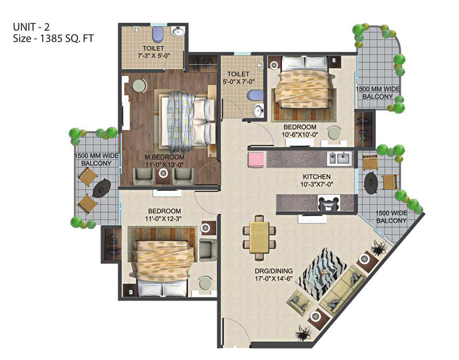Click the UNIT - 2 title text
31,27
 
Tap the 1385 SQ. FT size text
66,39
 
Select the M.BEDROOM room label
165,158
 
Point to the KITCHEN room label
317,177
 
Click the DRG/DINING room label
274,271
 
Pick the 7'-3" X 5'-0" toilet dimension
154,55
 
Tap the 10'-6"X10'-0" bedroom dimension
300,134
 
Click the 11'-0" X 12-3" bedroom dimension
164,218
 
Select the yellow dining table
260,238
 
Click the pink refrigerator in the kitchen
257,160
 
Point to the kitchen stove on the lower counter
329,203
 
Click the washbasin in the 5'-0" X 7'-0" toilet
258,110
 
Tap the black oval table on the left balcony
101,188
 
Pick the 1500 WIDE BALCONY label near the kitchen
391,217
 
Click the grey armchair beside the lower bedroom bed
208,250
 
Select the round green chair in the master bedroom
140,86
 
